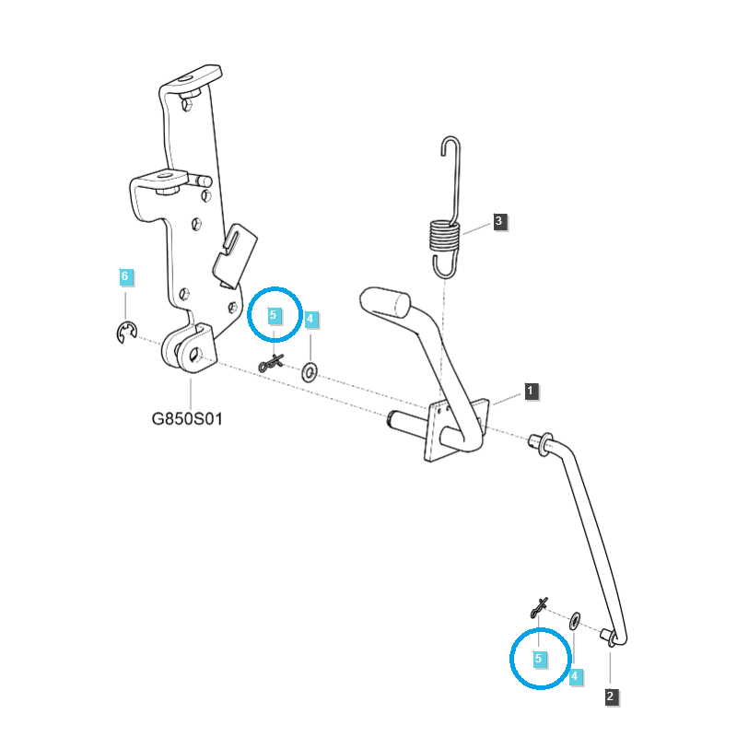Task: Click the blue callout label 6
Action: pyautogui.click(x=125, y=276)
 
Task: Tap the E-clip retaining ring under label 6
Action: pyautogui.click(x=126, y=333)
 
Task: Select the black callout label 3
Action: pyautogui.click(x=498, y=221)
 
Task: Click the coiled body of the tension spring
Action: pyautogui.click(x=443, y=239)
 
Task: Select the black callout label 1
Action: pyautogui.click(x=531, y=391)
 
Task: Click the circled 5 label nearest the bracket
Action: pyautogui.click(x=273, y=315)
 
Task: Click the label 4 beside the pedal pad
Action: pyautogui.click(x=310, y=320)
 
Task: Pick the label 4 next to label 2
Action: pyautogui.click(x=575, y=677)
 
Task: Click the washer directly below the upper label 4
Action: pyautogui.click(x=310, y=371)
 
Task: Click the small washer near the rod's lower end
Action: pyautogui.click(x=575, y=619)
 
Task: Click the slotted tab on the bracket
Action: pyautogui.click(x=234, y=250)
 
